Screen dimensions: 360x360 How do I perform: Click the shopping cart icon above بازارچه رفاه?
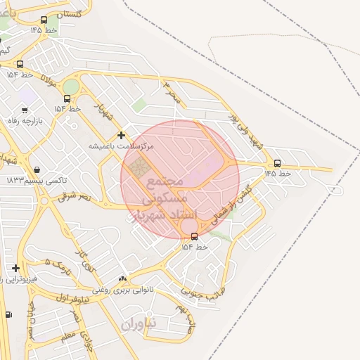point(25,110)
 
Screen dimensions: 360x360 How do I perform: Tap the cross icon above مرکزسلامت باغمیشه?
point(121,135)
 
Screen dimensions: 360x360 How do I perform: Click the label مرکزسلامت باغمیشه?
point(121,146)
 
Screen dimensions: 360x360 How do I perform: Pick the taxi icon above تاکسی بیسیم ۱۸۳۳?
point(37,169)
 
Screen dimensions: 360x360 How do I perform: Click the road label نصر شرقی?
point(75,198)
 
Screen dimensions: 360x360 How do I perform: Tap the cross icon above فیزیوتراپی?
point(15,268)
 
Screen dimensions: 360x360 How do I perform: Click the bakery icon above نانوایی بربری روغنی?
point(123,279)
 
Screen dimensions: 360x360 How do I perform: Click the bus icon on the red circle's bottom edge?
point(194,236)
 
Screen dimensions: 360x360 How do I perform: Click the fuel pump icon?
point(8,314)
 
